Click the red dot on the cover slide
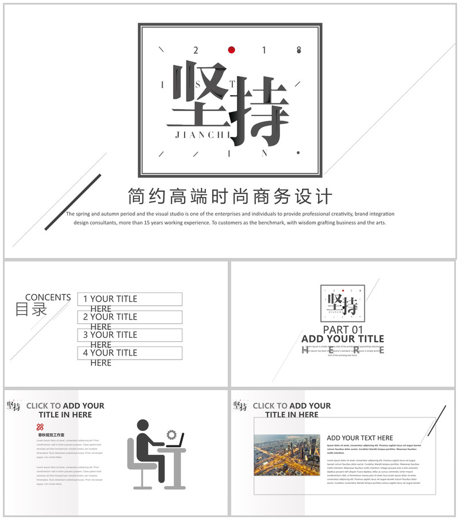(x=231, y=50)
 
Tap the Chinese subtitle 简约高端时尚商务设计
(x=230, y=196)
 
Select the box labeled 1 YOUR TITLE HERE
(x=130, y=299)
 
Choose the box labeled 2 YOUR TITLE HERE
(x=130, y=317)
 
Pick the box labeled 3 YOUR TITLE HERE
(x=130, y=335)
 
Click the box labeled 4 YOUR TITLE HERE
(x=130, y=353)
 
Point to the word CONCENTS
(x=48, y=298)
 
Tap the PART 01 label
(x=343, y=330)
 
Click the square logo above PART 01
(x=343, y=303)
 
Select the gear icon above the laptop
(x=171, y=435)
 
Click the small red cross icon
(x=40, y=427)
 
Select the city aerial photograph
(x=286, y=455)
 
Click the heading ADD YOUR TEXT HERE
(x=360, y=438)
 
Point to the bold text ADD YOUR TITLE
(x=343, y=339)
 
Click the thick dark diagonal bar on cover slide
(x=73, y=202)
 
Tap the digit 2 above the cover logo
(x=195, y=51)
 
